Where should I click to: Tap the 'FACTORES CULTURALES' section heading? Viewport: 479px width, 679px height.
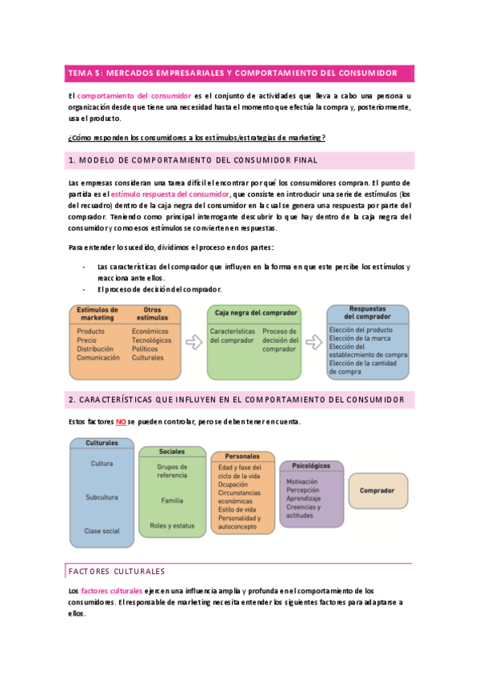tap(117, 571)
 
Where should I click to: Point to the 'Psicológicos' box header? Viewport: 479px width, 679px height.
tap(311, 465)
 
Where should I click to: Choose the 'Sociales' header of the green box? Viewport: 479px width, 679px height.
tap(172, 452)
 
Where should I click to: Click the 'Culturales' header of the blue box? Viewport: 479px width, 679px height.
tap(101, 442)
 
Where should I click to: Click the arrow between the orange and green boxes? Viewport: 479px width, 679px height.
tap(194, 342)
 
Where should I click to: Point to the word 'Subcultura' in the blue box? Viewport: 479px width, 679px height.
tap(102, 497)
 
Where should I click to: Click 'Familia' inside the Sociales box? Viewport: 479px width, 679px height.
tap(172, 500)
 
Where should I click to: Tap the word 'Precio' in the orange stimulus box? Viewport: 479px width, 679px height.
tap(86, 339)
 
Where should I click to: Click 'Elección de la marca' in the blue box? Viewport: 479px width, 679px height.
tap(359, 338)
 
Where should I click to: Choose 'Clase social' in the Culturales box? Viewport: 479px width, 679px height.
tap(102, 531)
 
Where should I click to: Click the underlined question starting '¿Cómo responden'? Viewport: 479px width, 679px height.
tap(197, 137)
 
